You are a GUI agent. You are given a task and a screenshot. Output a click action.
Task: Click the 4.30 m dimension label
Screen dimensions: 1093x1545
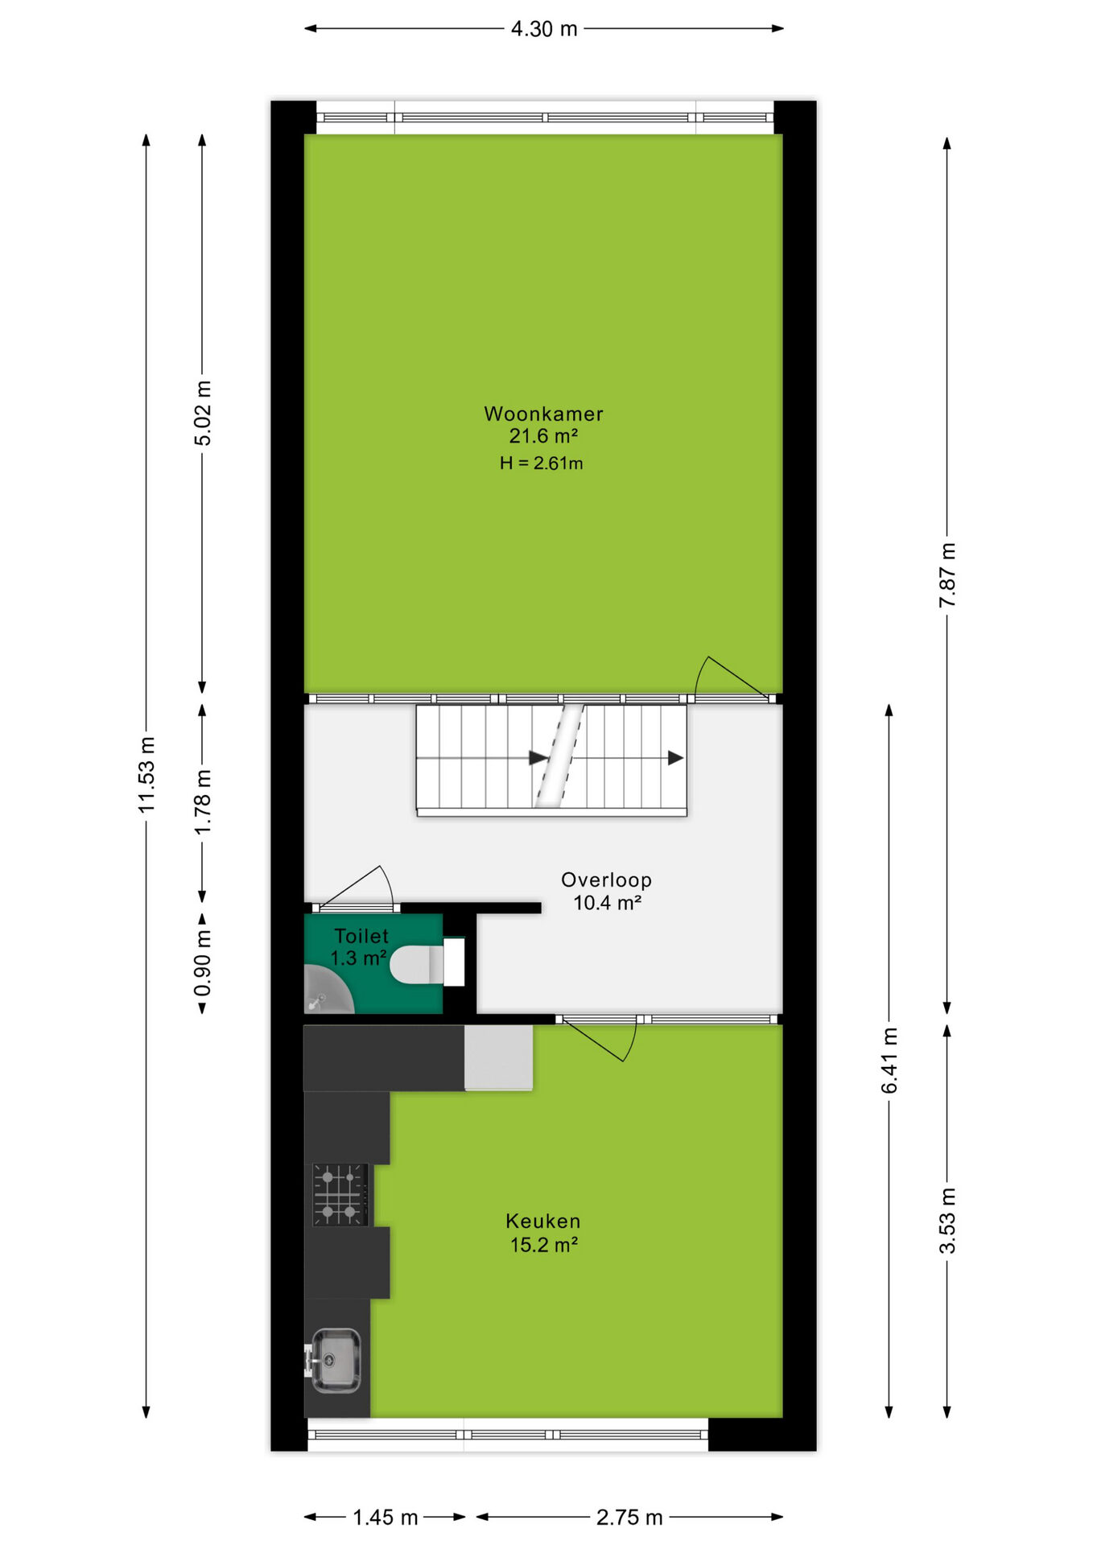tap(544, 29)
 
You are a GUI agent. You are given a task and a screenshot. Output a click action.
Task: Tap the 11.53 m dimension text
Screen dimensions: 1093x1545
tap(146, 774)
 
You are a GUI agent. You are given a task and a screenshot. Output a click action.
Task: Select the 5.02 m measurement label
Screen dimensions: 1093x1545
tap(203, 413)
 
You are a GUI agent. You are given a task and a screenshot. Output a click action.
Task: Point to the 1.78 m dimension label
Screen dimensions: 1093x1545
tap(203, 801)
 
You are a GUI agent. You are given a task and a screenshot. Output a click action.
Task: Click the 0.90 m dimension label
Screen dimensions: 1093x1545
tap(203, 963)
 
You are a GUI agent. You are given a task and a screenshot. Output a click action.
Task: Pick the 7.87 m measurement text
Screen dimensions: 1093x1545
tap(947, 575)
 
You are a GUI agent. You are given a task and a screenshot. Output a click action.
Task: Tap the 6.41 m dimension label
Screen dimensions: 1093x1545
tap(889, 1061)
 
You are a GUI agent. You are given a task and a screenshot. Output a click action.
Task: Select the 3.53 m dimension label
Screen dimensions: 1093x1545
tap(947, 1221)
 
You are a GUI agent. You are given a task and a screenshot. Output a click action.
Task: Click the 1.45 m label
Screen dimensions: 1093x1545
tap(386, 1518)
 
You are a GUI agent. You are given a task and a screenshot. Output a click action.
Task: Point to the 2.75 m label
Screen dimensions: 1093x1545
tap(629, 1518)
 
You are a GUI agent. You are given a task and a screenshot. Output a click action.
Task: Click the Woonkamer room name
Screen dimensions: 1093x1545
tap(543, 414)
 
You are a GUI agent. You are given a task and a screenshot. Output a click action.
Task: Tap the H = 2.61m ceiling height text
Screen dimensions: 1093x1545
tap(541, 463)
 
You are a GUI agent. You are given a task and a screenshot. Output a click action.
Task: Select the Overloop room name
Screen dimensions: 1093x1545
tap(606, 880)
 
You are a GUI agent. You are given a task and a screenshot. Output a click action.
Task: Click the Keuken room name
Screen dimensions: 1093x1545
tap(543, 1221)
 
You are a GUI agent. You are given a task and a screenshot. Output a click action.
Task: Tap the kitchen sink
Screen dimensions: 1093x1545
tap(334, 1360)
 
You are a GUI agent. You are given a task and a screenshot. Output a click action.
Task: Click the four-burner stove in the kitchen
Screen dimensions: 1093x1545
tap(340, 1195)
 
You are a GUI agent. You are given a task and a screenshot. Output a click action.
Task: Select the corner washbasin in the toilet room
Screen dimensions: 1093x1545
tap(326, 990)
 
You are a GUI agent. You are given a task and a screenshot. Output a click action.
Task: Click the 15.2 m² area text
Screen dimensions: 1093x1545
tap(544, 1245)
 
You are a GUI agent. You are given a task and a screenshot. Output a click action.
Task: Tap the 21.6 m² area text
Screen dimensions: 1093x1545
tap(543, 436)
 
